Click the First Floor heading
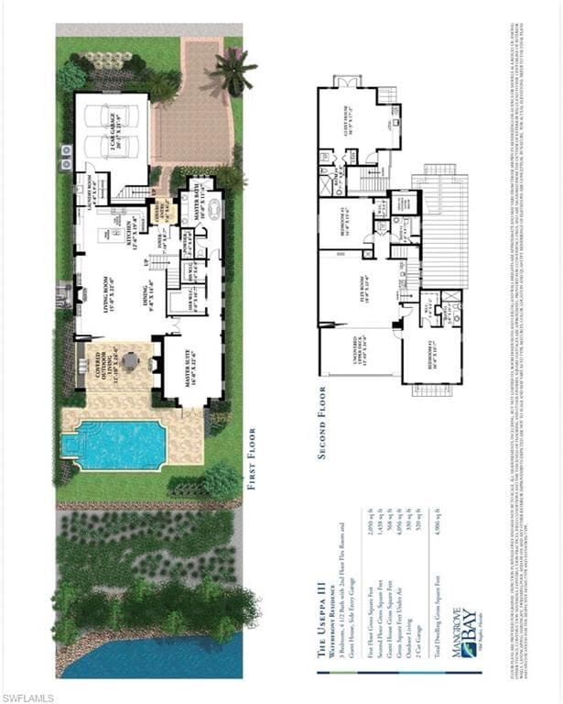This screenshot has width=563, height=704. pyautogui.click(x=252, y=458)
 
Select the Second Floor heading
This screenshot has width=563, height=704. pyautogui.click(x=322, y=421)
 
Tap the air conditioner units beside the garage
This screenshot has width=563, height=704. pyautogui.click(x=65, y=163)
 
